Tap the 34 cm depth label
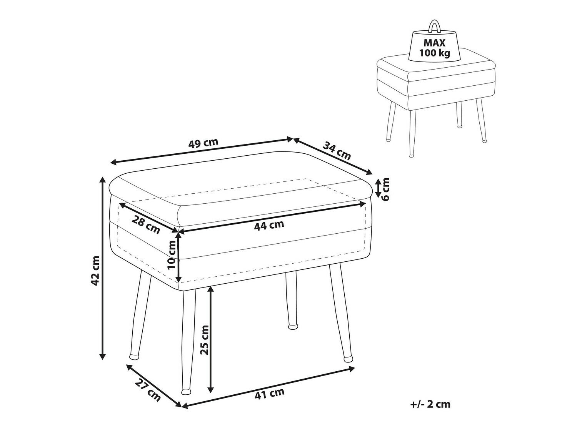click(x=337, y=151)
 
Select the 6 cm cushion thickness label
click(x=385, y=189)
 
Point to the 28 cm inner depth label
click(x=146, y=225)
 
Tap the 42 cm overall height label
click(x=95, y=271)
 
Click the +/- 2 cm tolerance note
click(x=430, y=411)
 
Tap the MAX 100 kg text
click(x=435, y=48)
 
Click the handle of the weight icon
click(x=434, y=26)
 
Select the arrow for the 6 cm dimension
click(x=378, y=188)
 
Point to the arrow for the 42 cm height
click(x=103, y=268)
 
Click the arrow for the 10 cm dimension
click(x=179, y=258)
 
